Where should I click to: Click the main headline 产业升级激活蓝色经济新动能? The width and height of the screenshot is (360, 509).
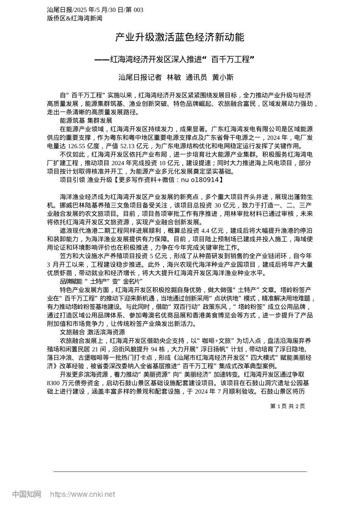[180, 37]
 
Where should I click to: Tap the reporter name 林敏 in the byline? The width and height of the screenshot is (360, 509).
[174, 78]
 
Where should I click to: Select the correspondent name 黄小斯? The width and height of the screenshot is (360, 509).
[223, 78]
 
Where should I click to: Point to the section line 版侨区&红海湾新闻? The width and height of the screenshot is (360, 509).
[75, 18]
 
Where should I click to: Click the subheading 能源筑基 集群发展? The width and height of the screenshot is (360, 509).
[86, 120]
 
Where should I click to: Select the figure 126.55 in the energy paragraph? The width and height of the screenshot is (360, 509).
[76, 146]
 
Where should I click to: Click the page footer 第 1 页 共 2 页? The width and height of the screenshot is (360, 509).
[287, 406]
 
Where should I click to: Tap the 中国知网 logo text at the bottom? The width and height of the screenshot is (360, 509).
[27, 494]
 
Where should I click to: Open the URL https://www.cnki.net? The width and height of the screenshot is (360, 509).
[83, 494]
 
